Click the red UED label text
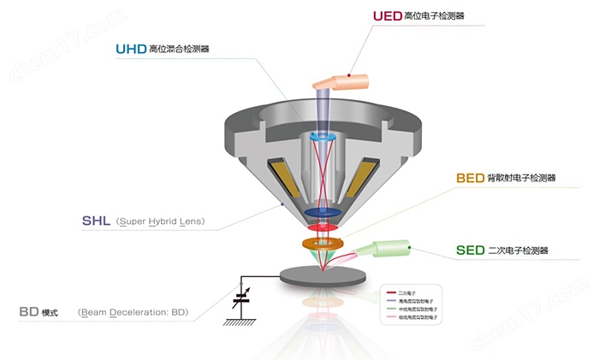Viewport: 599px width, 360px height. coord(386,17)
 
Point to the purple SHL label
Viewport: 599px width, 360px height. coord(97,221)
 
